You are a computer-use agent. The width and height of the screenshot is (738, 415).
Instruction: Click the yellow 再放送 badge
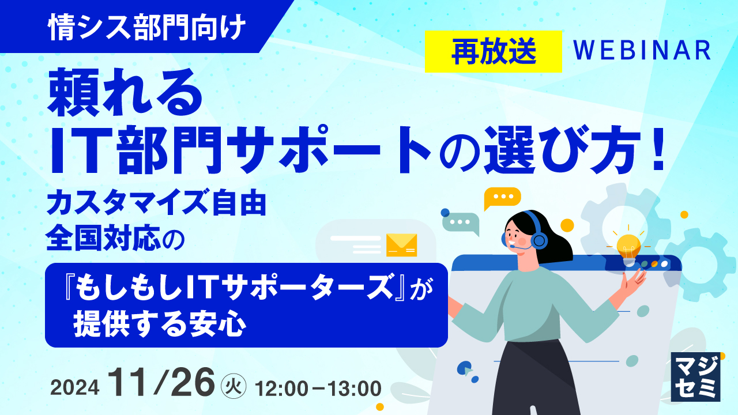pos(493,51)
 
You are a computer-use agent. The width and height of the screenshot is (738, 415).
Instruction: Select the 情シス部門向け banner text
pos(147,28)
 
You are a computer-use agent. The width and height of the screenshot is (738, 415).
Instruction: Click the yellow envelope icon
pos(401,244)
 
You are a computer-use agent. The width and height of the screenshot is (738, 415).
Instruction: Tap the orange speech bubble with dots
pos(502,198)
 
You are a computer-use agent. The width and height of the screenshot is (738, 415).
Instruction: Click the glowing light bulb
pos(628,246)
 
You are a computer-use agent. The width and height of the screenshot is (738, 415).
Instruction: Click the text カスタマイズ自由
pos(156,205)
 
